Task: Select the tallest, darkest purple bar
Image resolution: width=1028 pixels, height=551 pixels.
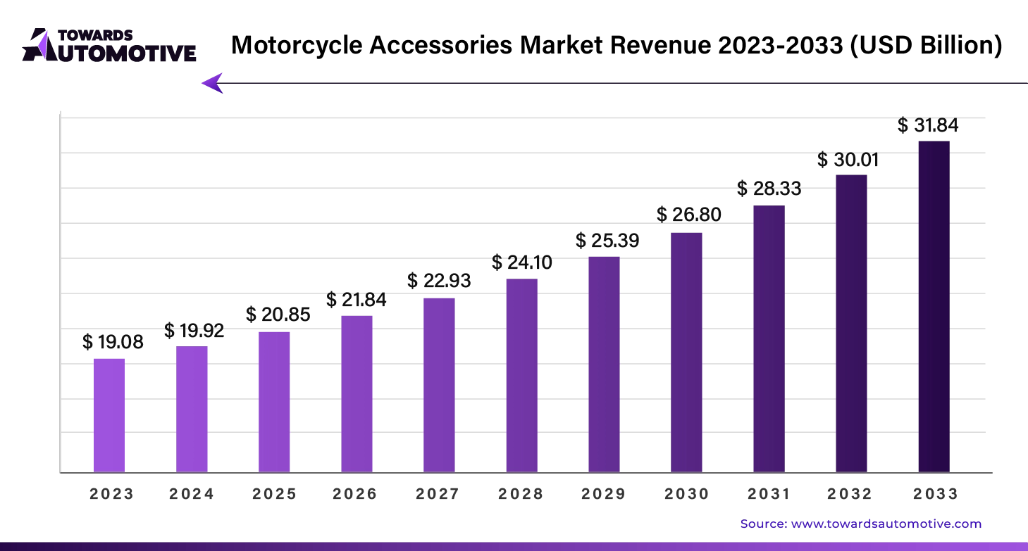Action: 933,306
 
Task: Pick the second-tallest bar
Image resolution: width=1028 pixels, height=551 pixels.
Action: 851,323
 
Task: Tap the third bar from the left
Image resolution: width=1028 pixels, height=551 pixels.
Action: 275,401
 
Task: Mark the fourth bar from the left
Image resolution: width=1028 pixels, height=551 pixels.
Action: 358,393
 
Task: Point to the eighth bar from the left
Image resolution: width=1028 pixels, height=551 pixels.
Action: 688,351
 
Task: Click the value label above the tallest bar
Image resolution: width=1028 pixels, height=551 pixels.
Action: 929,127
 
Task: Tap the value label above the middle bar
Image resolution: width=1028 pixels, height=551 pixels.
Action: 521,262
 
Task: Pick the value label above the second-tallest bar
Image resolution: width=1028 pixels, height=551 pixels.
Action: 848,160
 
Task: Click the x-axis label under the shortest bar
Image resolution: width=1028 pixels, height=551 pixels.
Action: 110,493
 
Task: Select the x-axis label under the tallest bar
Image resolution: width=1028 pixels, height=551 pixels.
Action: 936,493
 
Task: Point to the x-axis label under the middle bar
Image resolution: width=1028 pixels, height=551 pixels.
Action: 521,493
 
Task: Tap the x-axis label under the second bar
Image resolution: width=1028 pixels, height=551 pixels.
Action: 192,493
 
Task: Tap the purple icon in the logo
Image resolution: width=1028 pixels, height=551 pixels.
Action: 41,44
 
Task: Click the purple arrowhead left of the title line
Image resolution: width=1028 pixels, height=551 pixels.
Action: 212,82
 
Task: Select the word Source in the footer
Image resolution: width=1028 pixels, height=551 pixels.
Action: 762,524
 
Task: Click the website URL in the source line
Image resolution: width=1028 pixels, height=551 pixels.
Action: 886,524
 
